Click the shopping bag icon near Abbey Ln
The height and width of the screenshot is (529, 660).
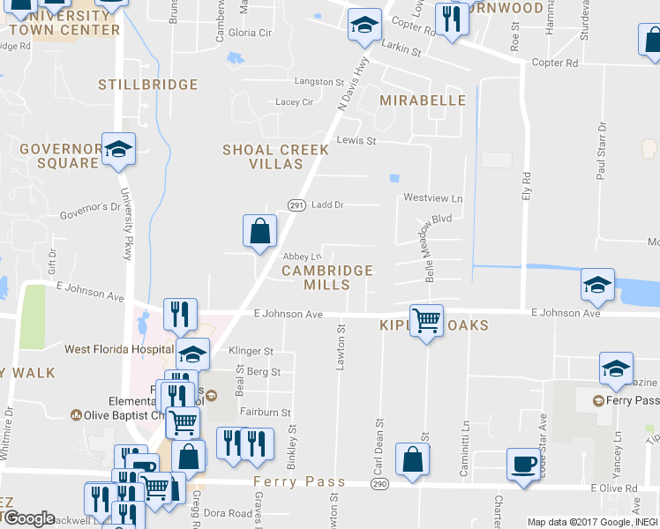point(260,232)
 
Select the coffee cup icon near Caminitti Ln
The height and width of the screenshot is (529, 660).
point(523,464)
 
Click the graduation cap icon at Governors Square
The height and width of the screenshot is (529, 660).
point(117,149)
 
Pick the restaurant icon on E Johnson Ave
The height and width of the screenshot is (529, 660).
point(179,314)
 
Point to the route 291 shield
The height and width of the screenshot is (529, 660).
point(296,205)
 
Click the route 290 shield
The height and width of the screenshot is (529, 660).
point(380,485)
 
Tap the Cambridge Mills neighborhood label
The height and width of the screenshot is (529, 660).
point(326,278)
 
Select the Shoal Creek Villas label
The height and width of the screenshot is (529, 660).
point(275,157)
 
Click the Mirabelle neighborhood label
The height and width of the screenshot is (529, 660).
point(422,101)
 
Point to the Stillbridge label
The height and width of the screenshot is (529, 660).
point(147,85)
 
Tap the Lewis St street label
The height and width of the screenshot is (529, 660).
point(356,141)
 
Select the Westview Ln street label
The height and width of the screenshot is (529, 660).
point(432,198)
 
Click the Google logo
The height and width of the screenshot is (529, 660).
point(28,518)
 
